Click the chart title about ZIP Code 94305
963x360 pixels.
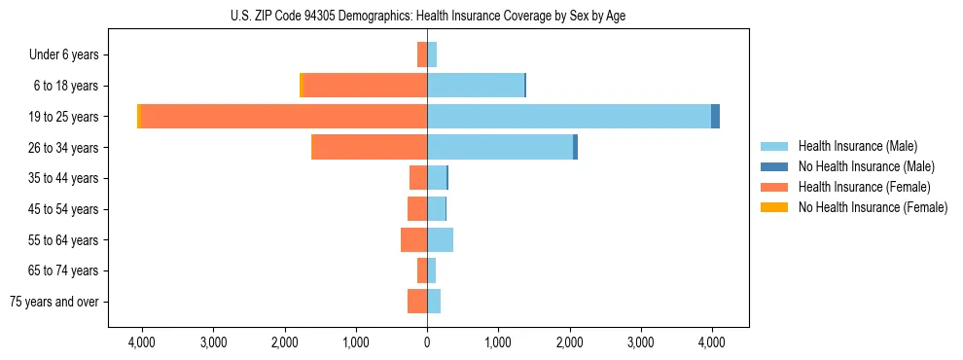point(427,16)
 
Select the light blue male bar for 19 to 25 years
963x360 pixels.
point(569,116)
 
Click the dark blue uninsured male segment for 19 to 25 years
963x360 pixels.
point(715,116)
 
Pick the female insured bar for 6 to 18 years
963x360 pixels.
point(365,86)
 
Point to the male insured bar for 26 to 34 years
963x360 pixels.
point(500,147)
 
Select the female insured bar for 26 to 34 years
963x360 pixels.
point(370,147)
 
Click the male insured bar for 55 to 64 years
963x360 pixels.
point(440,239)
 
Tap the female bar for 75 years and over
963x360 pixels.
point(417,302)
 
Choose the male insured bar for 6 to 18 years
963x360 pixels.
point(476,86)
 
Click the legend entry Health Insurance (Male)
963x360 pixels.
point(851,146)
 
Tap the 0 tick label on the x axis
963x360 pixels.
point(427,342)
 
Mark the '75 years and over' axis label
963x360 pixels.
point(54,302)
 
